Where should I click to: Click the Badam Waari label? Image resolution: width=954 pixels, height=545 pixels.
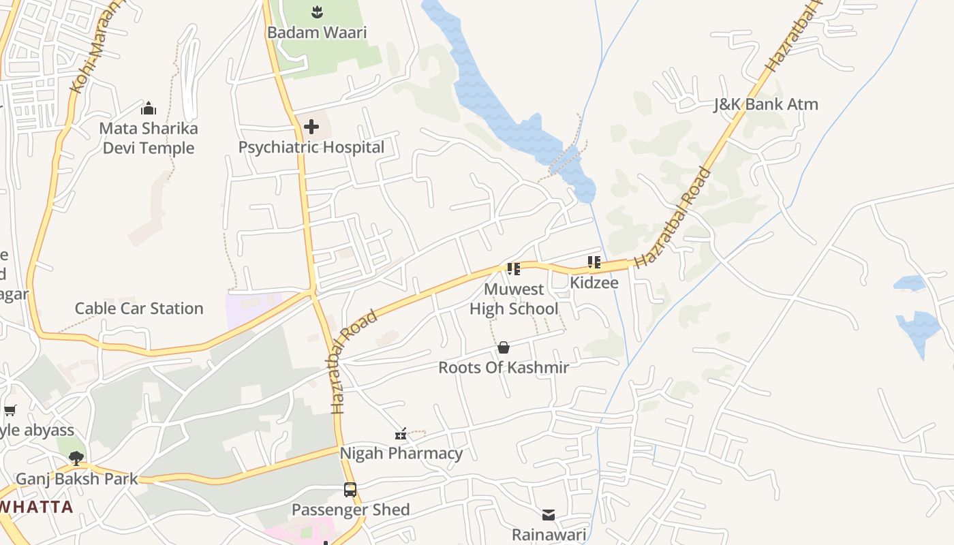[x=317, y=32]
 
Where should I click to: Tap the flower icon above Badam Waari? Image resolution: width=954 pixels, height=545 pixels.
[x=317, y=12]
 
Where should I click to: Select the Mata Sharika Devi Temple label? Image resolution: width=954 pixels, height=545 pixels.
[x=149, y=138]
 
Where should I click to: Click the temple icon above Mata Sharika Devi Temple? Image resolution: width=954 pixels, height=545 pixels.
[x=149, y=108]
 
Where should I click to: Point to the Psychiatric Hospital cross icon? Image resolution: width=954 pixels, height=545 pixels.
[x=311, y=127]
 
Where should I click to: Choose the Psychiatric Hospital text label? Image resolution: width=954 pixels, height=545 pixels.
[x=311, y=147]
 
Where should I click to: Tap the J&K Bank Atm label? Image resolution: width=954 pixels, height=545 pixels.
[x=766, y=104]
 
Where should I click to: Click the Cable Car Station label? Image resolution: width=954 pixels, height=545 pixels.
[x=139, y=308]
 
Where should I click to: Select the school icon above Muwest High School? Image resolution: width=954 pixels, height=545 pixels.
[x=514, y=269]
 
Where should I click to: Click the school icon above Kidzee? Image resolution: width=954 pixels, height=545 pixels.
[x=594, y=262]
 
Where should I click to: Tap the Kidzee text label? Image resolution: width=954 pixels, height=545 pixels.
[x=594, y=282]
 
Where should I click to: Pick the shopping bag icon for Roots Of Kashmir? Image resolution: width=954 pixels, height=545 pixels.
[x=504, y=347]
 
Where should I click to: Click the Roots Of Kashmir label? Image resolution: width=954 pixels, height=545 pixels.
[x=504, y=367]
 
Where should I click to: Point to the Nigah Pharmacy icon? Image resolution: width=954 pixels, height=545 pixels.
[x=401, y=434]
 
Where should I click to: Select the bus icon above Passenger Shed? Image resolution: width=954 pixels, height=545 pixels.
[x=350, y=490]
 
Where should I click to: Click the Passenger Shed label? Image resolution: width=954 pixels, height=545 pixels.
[x=350, y=510]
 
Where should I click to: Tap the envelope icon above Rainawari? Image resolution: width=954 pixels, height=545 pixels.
[x=549, y=514]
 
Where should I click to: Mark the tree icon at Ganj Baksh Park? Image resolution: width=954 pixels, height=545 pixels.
[x=76, y=458]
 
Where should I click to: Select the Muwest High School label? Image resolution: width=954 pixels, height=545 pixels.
[x=514, y=299]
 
